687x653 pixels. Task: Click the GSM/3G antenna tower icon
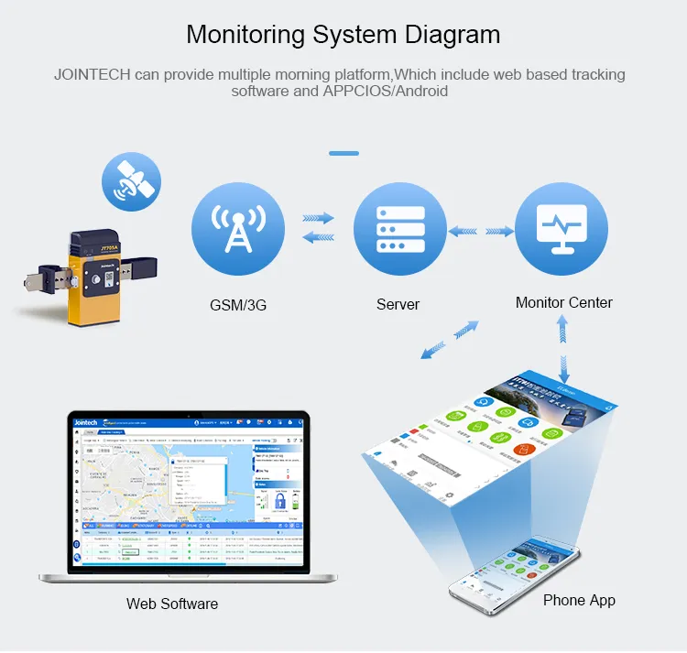[238, 228]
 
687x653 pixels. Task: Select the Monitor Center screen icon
[561, 228]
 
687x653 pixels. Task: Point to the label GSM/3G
[237, 305]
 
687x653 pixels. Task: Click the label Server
[398, 304]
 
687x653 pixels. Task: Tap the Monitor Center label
[563, 302]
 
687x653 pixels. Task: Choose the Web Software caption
[172, 604]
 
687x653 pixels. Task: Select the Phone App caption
[579, 600]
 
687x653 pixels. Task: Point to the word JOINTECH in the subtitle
[93, 74]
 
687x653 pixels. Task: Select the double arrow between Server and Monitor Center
[481, 231]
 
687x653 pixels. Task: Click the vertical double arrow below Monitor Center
[564, 353]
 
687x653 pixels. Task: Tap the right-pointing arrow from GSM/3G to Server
[318, 219]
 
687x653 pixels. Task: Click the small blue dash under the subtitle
[343, 153]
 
